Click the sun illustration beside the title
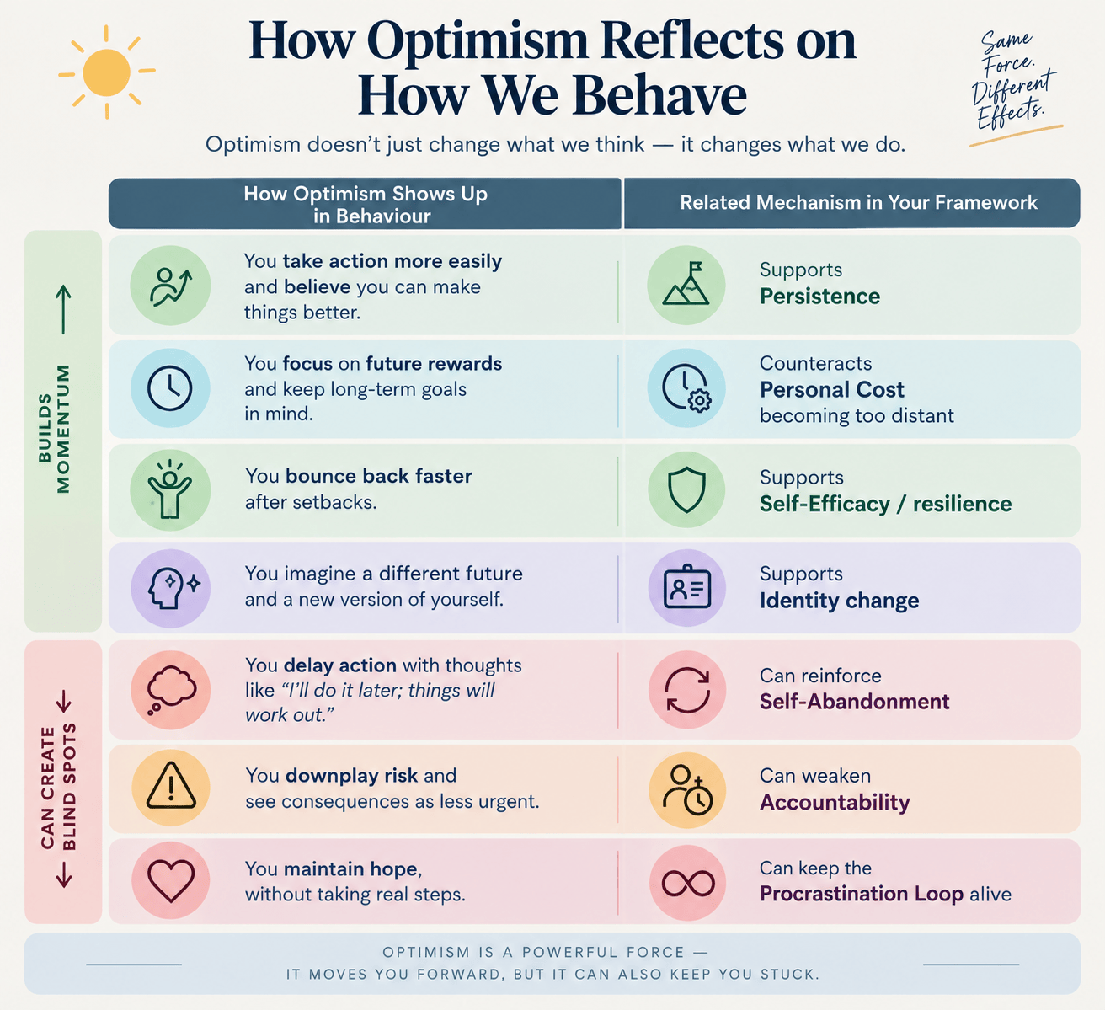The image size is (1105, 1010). [107, 72]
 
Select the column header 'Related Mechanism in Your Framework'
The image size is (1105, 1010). [858, 202]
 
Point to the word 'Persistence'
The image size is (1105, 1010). [819, 297]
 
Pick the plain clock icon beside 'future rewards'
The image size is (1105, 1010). [169, 387]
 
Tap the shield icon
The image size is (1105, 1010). [686, 490]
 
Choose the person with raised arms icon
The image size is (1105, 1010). [169, 489]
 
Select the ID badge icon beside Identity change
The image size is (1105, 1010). [687, 586]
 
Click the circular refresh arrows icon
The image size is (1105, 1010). [687, 690]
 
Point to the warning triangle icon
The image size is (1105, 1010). [171, 785]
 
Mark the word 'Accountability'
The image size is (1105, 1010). [835, 802]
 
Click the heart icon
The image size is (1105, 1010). [171, 881]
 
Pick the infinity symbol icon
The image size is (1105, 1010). [688, 884]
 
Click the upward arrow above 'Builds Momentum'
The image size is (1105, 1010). [63, 309]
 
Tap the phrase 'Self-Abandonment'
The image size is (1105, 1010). [854, 702]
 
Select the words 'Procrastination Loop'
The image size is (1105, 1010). [862, 894]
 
